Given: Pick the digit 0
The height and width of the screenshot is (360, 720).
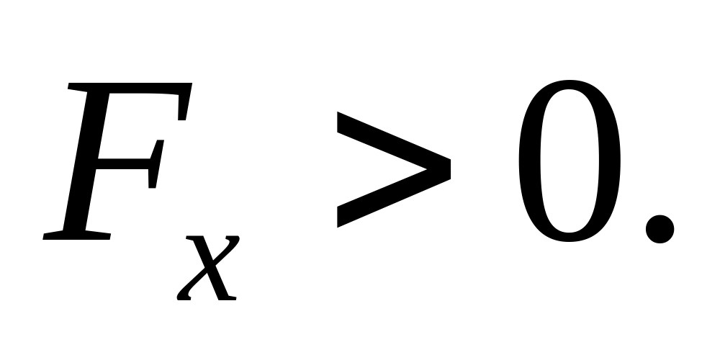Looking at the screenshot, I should click(x=569, y=162).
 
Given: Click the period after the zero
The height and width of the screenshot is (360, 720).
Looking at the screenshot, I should click(x=659, y=230).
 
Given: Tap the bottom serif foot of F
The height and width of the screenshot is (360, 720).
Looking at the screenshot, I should click(x=76, y=234).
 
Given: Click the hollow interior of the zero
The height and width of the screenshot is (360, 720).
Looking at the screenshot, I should click(x=569, y=162).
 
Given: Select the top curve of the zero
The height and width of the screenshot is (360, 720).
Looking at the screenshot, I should click(x=569, y=86).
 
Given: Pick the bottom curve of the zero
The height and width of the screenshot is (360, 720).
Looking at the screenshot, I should click(x=569, y=238).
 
